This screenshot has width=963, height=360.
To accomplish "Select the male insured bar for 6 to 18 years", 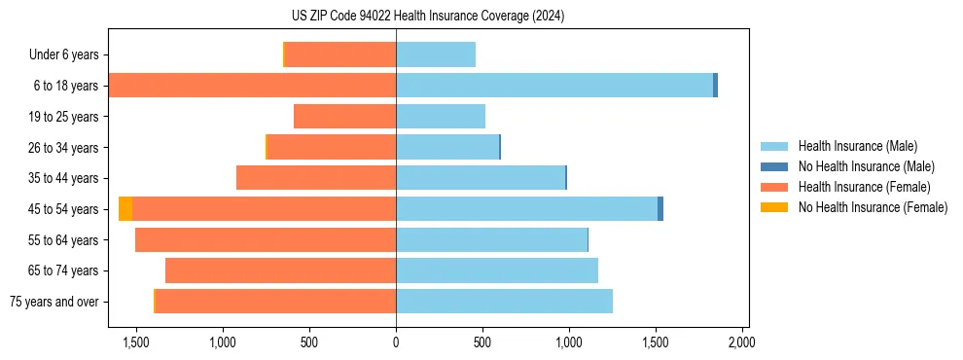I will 554,86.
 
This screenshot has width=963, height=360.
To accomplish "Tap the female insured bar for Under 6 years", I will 340,54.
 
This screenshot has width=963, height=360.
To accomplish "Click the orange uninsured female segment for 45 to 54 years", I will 125,209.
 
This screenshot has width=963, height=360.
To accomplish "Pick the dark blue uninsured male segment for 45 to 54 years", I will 660,209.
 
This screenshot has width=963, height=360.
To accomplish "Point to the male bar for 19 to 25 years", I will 441,117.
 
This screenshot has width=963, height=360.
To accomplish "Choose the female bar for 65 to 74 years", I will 281,270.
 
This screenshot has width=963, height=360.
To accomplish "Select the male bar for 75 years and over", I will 504,302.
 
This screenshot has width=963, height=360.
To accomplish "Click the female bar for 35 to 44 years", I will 316,178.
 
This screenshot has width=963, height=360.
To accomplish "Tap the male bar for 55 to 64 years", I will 491,240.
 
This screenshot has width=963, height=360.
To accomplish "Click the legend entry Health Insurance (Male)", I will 857,146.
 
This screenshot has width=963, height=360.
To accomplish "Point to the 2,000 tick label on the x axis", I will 742,342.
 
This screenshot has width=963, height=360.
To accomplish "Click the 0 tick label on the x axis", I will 396,342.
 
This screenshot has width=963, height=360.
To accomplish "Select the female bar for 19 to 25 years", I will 345,117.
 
